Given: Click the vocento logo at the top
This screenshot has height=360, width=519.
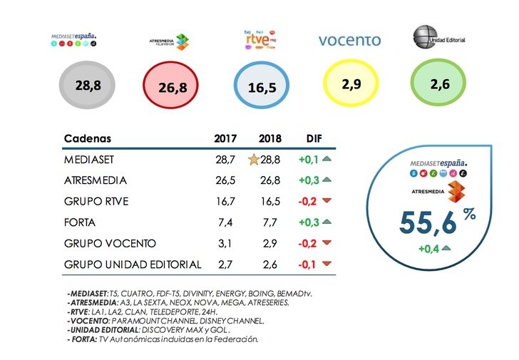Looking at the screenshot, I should (349, 41).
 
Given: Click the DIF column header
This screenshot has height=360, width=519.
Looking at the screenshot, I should (314, 138).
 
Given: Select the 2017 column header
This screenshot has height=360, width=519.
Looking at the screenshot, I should (225, 138).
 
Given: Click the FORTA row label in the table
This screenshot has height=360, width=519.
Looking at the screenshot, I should (80, 223).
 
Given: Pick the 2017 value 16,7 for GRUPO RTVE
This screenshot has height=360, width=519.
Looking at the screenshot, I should (226, 202).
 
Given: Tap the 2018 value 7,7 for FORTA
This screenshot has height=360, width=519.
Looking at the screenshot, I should (269, 223).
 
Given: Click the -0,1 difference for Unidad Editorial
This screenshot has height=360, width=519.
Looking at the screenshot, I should (307, 264).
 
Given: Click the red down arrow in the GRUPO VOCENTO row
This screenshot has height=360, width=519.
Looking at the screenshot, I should (327, 244).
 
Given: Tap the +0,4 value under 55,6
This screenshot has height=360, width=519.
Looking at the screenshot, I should (428, 248).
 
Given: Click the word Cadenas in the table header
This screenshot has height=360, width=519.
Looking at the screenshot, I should (88, 138).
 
